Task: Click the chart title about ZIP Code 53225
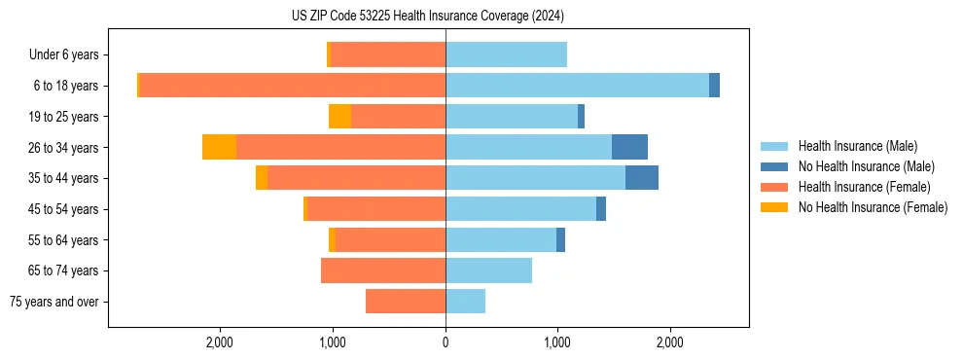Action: coord(427,17)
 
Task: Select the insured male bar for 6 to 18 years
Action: coord(577,86)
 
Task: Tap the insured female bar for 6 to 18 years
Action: coord(292,86)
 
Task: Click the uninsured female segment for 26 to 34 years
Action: coord(219,147)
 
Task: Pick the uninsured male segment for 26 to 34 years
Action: coord(629,147)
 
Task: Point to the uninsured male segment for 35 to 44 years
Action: coord(641,178)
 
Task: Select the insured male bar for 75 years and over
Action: coord(465,302)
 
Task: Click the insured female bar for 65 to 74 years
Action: coord(383,270)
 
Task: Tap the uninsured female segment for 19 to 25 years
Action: coord(339,117)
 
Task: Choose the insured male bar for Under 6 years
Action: coord(506,54)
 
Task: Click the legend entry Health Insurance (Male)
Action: coord(857,146)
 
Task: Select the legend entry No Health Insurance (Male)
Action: coord(866,166)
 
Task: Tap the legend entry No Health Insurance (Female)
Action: coord(873,207)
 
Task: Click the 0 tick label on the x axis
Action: coord(446,342)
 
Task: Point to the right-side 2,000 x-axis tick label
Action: coord(669,342)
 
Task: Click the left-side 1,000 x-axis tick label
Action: coord(333,342)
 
